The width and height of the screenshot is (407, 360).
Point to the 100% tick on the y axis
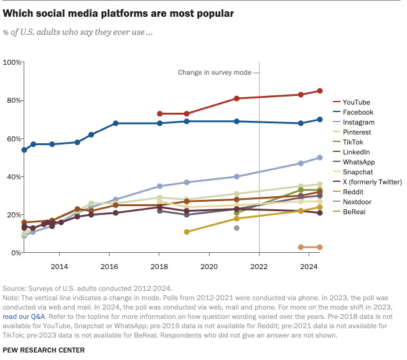pyautogui.click(x=12, y=62)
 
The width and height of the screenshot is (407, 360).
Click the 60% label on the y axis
pyautogui.click(x=12, y=139)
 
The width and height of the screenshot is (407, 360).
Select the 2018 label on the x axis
pyautogui.click(x=160, y=266)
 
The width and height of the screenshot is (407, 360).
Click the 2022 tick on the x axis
pyautogui.click(x=260, y=266)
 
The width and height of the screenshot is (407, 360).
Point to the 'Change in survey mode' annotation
pyautogui.click(x=215, y=72)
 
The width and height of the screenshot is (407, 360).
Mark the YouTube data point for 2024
pyautogui.click(x=320, y=91)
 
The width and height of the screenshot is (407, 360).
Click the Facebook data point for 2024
pyautogui.click(x=320, y=120)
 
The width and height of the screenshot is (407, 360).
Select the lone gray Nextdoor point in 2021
pyautogui.click(x=236, y=228)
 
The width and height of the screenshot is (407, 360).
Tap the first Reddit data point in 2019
pyautogui.click(x=187, y=232)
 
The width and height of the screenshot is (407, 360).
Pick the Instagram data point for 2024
pyautogui.click(x=320, y=158)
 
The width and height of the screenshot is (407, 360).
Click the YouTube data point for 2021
pyautogui.click(x=236, y=98)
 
